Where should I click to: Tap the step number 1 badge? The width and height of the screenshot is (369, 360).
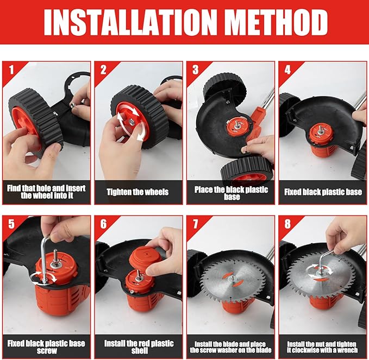[x=11, y=70]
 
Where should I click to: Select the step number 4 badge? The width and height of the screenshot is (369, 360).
[x=287, y=70]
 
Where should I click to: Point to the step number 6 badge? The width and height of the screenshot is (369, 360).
[x=104, y=224]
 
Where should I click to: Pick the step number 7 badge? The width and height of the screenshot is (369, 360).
[x=195, y=224]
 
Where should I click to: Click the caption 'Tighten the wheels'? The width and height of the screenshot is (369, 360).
[x=137, y=192]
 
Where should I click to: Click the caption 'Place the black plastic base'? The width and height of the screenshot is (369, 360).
[x=231, y=193]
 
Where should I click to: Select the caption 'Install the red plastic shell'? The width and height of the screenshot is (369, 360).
[x=139, y=347]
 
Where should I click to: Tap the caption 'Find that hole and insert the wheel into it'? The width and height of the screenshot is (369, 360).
[x=46, y=192]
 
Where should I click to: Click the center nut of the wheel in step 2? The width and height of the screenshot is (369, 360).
[x=130, y=122]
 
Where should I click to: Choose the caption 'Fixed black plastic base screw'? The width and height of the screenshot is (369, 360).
[x=46, y=347]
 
